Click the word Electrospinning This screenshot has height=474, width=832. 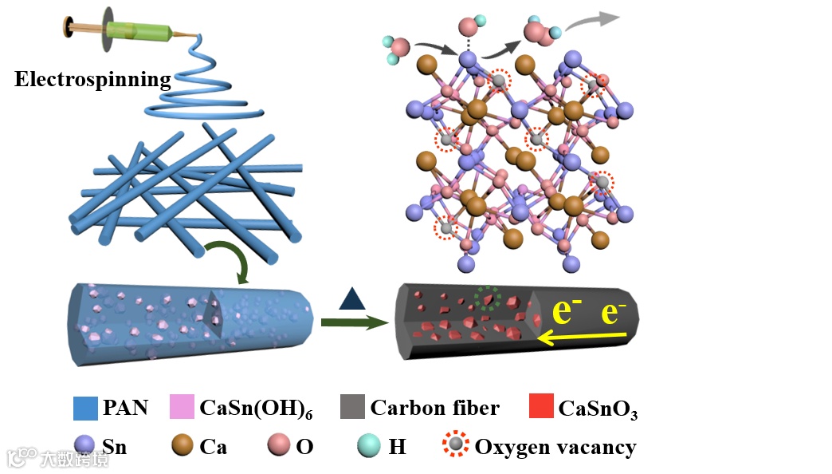[x=93, y=80]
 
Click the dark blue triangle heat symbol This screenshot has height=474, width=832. [x=351, y=299]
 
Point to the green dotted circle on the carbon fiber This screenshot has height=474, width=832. [x=487, y=298]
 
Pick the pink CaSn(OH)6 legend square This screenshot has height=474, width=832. [x=182, y=408]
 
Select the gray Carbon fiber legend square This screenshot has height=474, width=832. [x=351, y=408]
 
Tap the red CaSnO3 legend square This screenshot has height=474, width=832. [x=541, y=408]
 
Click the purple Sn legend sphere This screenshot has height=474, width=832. [x=84, y=446]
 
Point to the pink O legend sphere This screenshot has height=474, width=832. [x=279, y=446]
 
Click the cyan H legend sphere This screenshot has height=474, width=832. [x=370, y=446]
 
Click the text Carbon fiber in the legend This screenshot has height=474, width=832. [x=435, y=408]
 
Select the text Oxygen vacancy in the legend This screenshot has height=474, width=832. [x=555, y=447]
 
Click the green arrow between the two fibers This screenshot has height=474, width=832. [x=351, y=322]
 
